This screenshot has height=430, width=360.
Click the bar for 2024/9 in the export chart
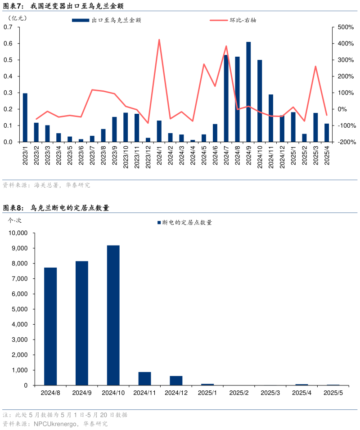pyautogui.click(x=248, y=92)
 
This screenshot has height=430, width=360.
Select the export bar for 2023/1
pyautogui.click(x=25, y=117)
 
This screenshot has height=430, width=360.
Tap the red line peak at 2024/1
pyautogui.click(x=159, y=40)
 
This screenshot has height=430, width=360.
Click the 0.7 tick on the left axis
pyautogui.click(x=8, y=27)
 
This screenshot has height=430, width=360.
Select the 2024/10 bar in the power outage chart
pyautogui.click(x=113, y=315)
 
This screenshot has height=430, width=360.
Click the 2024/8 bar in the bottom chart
pyautogui.click(x=50, y=326)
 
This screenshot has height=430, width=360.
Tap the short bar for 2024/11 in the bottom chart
pyautogui.click(x=144, y=378)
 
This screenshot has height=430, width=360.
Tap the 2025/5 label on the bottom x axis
pyautogui.click(x=333, y=393)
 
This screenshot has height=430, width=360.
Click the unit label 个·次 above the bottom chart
pyautogui.click(x=15, y=220)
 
